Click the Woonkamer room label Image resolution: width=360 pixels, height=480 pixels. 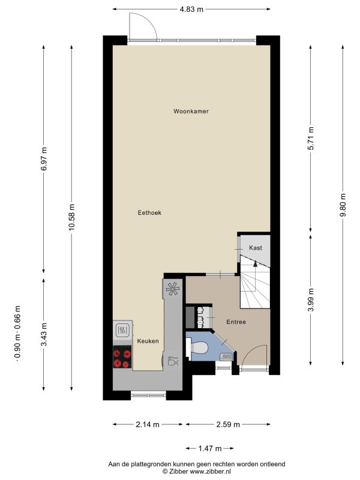[x=191, y=111]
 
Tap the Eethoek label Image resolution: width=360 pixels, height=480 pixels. [x=149, y=212]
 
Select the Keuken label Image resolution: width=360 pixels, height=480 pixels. [x=148, y=341]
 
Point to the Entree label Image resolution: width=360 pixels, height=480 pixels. [x=236, y=322]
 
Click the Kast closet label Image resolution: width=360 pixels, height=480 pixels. [x=256, y=248]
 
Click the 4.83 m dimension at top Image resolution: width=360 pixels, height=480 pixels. [x=191, y=9]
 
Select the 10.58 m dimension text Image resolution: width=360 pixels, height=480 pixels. [x=71, y=217]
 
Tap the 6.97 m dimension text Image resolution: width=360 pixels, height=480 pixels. [x=44, y=158]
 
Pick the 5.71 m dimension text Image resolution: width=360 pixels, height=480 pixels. [x=311, y=138]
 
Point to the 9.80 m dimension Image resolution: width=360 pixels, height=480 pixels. [x=343, y=205]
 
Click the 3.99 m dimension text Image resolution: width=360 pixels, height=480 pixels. [x=311, y=299]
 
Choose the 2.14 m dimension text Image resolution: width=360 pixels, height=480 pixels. [x=147, y=424]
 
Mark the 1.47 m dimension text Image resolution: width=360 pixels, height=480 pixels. [x=210, y=448]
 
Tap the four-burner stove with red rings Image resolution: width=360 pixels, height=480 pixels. [x=122, y=356]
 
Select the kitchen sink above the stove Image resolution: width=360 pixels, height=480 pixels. [x=122, y=330]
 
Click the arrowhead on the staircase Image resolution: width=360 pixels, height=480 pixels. [x=256, y=263]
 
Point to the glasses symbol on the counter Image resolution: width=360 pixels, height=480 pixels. [x=173, y=361]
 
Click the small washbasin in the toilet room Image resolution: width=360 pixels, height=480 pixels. [x=227, y=356]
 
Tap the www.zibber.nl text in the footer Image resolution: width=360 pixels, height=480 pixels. [x=211, y=472]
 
